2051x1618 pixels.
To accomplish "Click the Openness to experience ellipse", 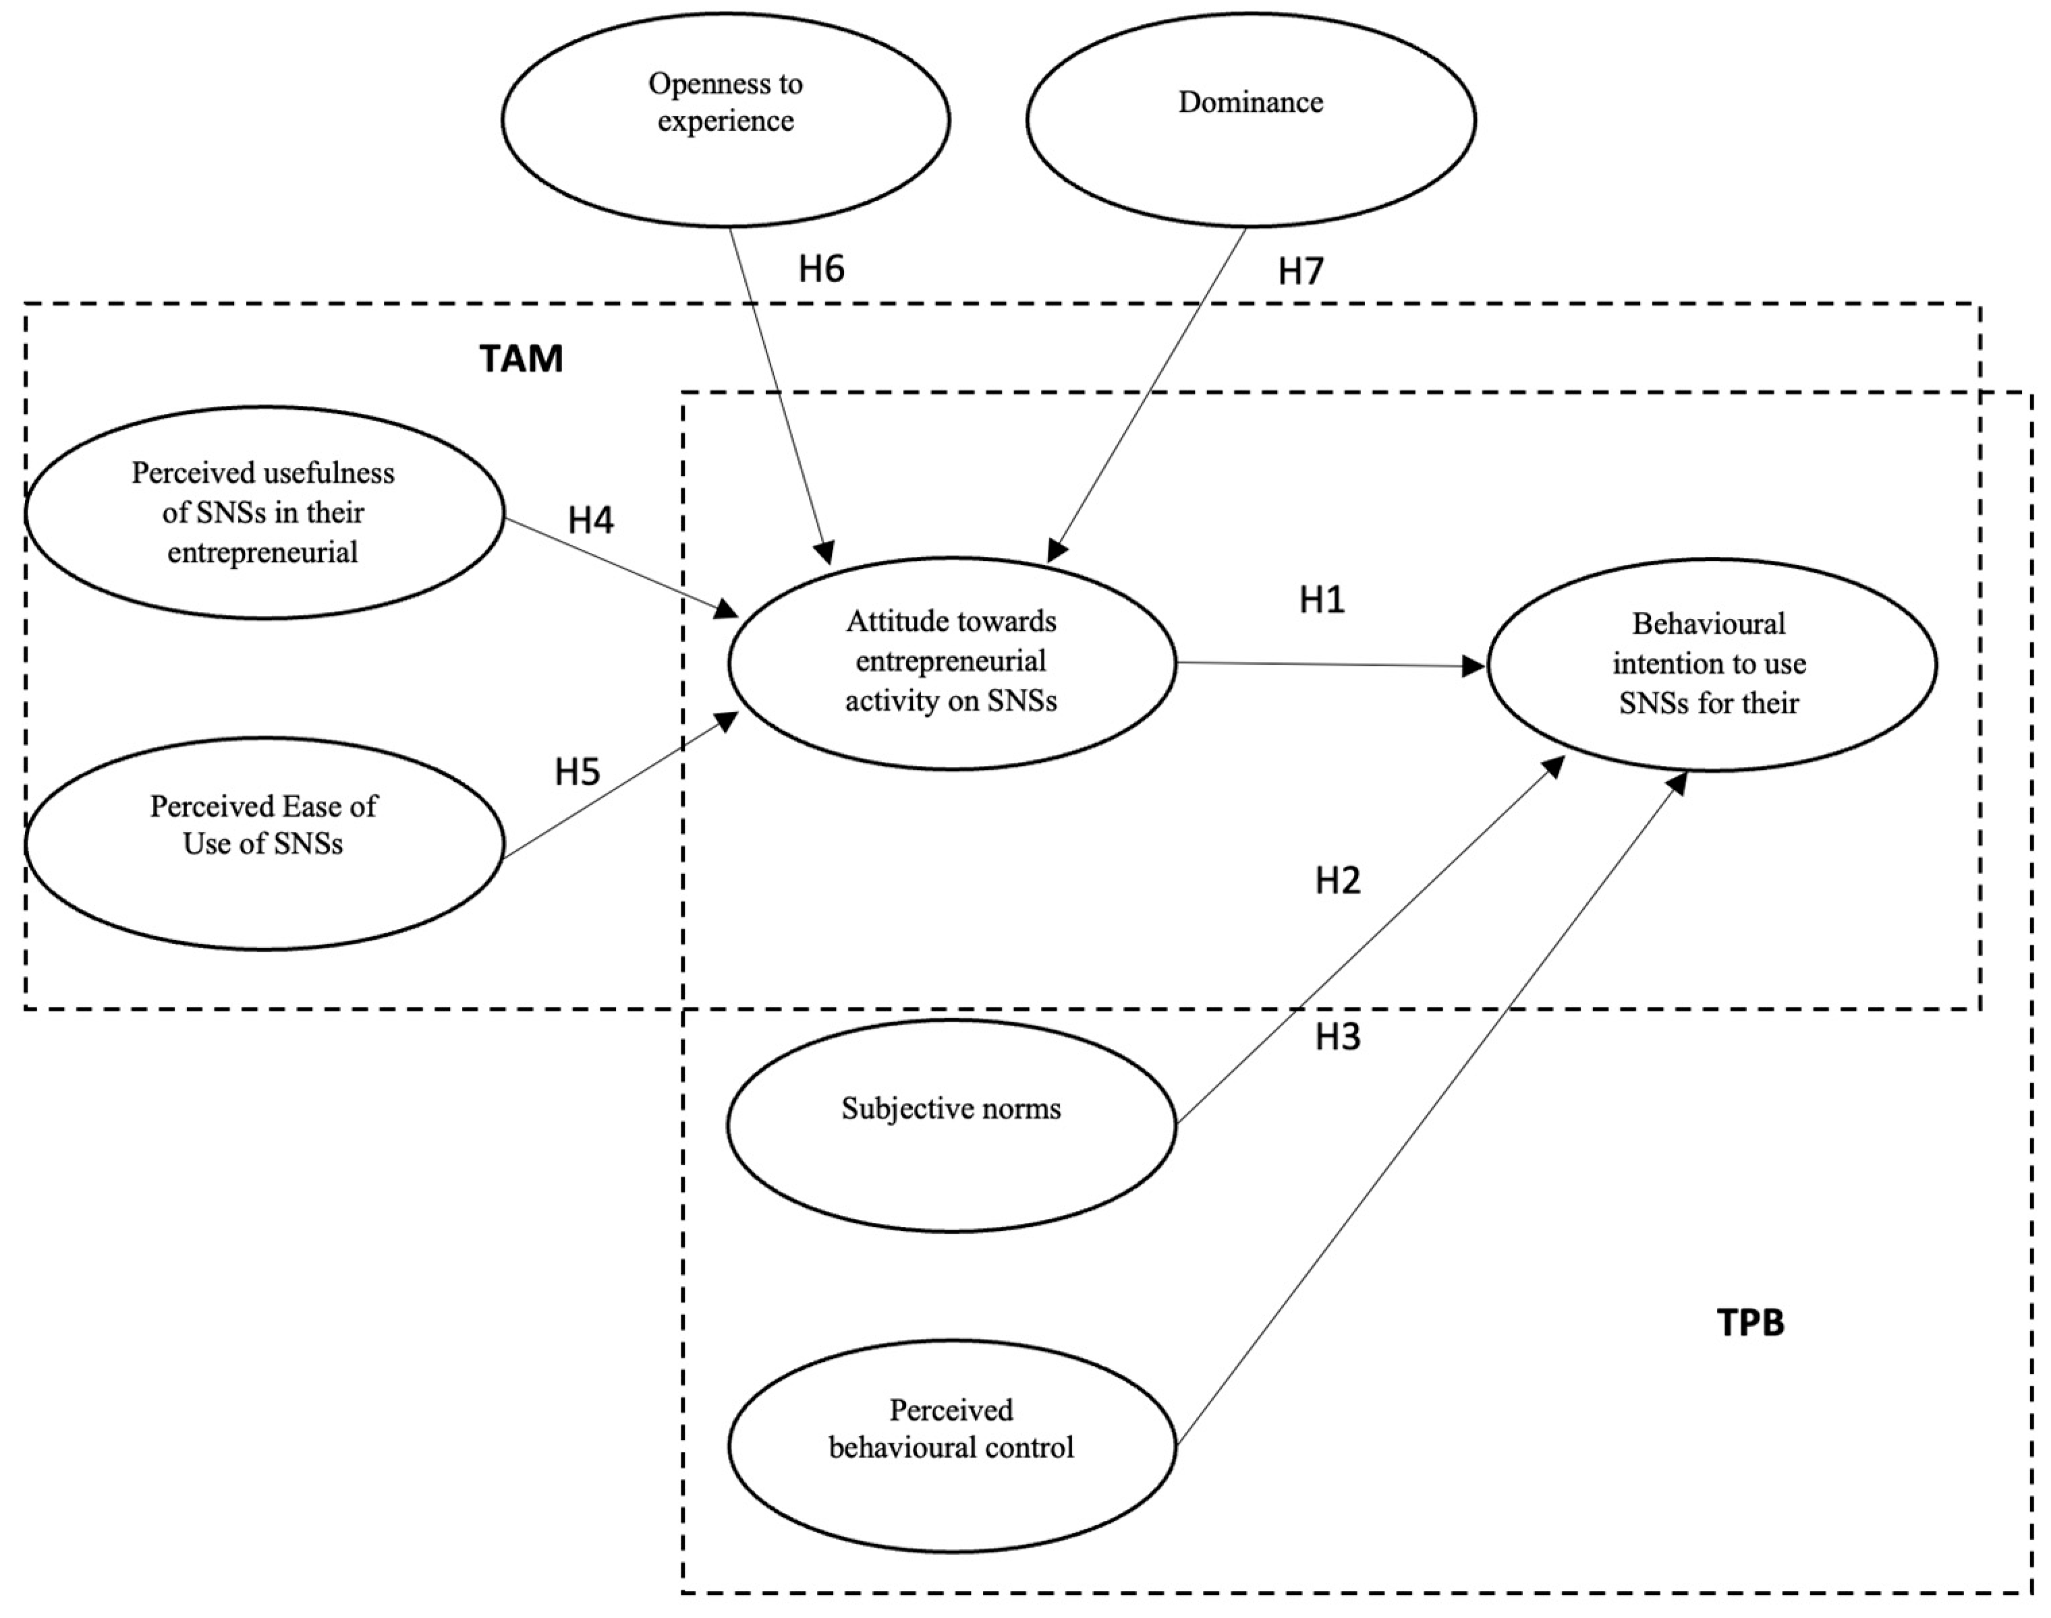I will [725, 120].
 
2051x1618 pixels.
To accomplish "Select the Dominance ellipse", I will [1250, 120].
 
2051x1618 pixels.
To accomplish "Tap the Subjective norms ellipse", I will [951, 1125].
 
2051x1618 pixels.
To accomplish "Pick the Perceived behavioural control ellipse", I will [951, 1445].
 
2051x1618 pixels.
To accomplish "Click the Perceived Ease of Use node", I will [264, 843].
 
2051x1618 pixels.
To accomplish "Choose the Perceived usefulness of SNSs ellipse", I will [264, 512].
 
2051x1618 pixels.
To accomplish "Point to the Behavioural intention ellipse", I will [1711, 664].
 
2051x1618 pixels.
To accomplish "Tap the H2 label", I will [1337, 881].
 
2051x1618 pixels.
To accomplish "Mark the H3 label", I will [1337, 1038].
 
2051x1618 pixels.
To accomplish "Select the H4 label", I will [590, 520].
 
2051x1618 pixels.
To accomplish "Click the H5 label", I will [578, 772].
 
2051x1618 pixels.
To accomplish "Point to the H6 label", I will [821, 269].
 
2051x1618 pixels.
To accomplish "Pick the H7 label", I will [1300, 272].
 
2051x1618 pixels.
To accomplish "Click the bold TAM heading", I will [522, 359].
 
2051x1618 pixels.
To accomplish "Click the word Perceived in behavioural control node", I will [951, 1410].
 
